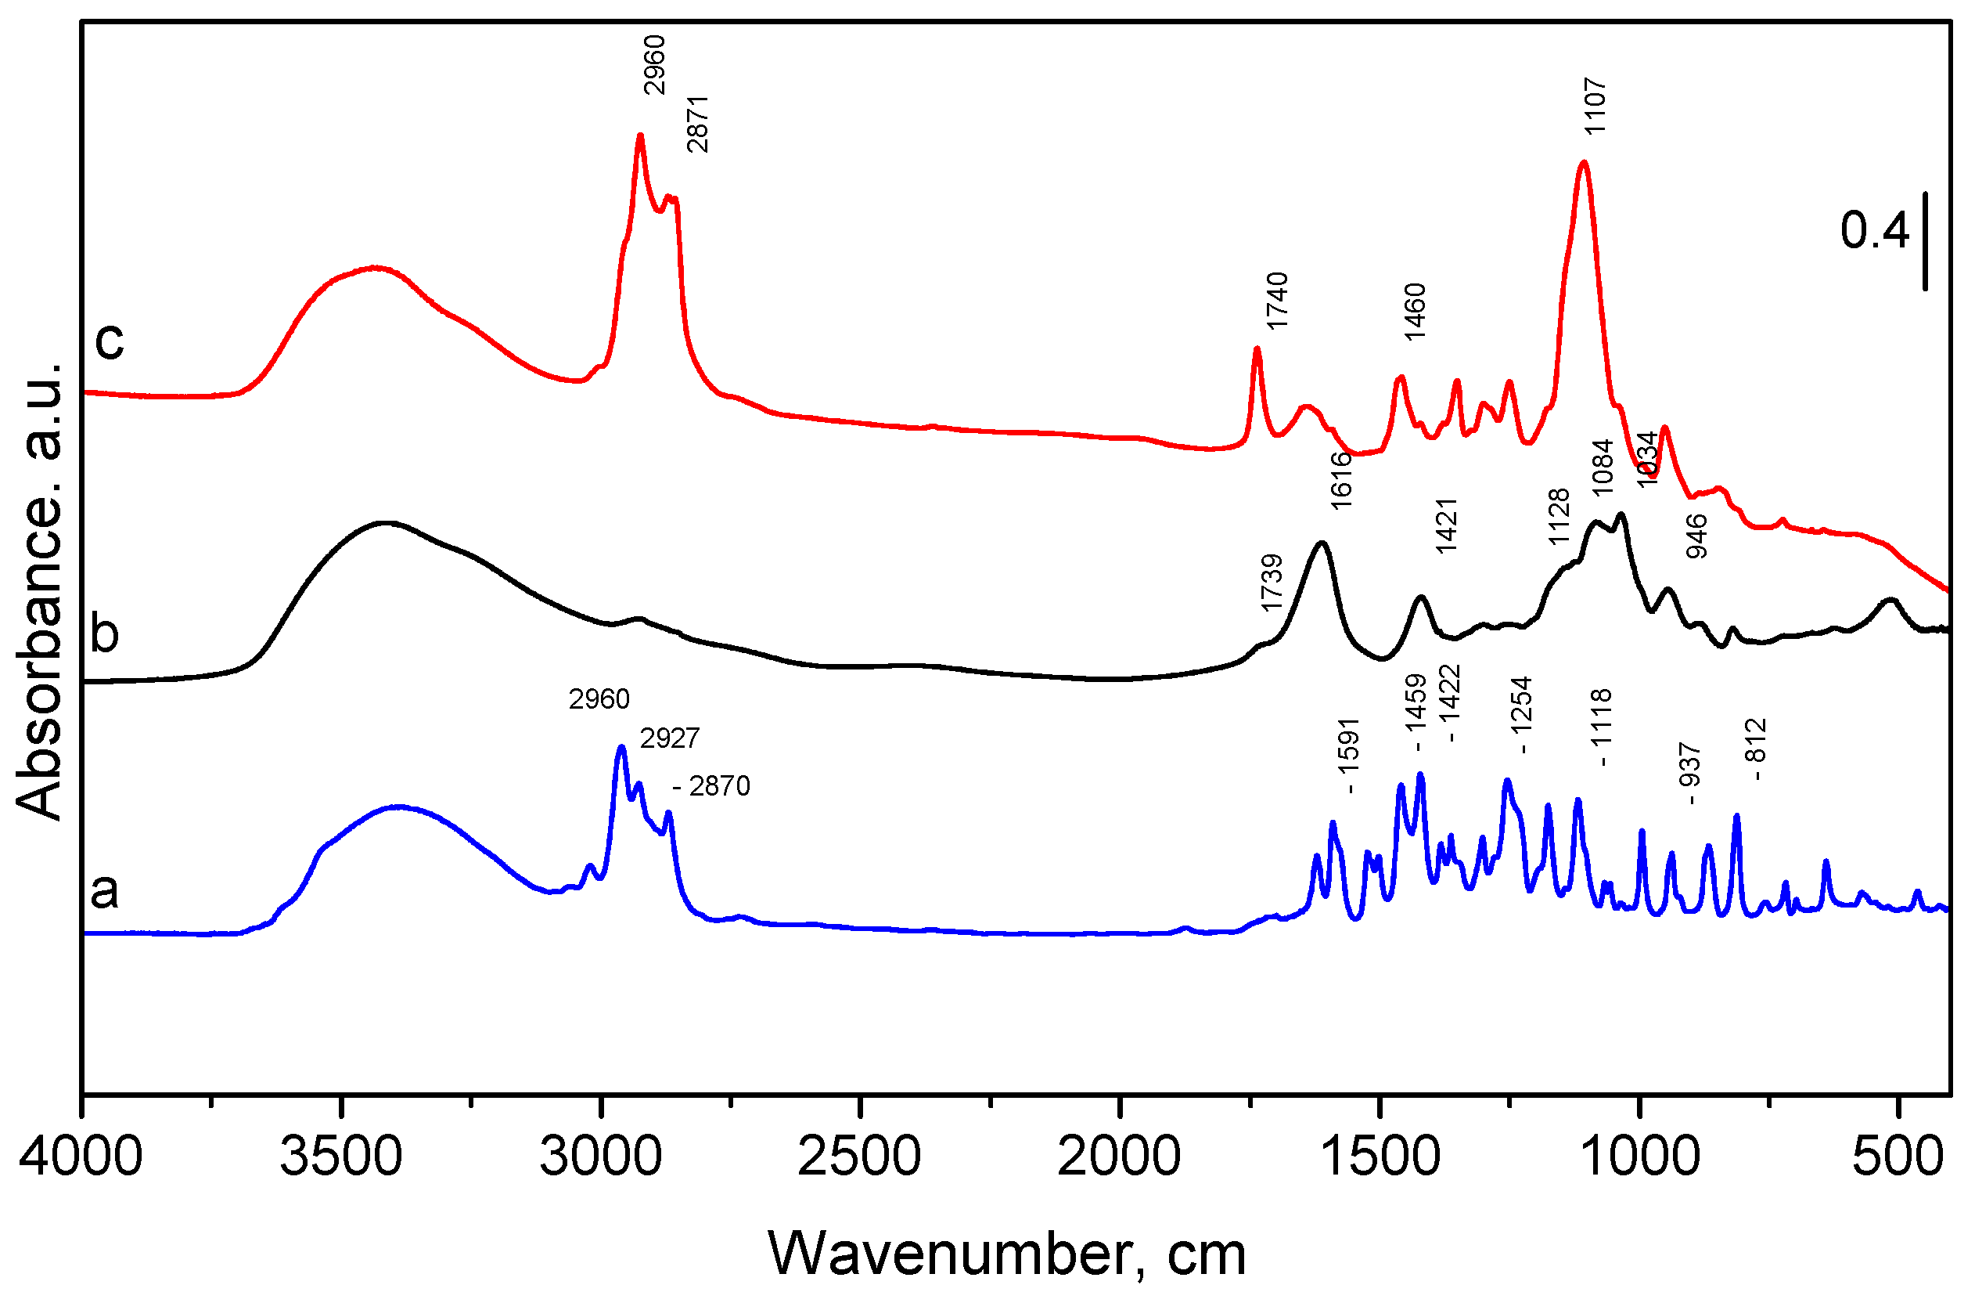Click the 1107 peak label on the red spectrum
pyautogui.click(x=1595, y=106)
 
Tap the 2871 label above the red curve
pyautogui.click(x=698, y=124)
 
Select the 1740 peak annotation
pyautogui.click(x=1276, y=301)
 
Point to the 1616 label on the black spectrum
pyautogui.click(x=1341, y=480)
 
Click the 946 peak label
pyautogui.click(x=1697, y=536)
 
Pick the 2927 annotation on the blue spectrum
pyautogui.click(x=670, y=738)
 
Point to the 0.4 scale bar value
pyautogui.click(x=1875, y=230)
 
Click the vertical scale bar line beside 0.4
pyautogui.click(x=1925, y=242)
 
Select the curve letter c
pyautogui.click(x=109, y=340)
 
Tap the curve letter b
pyautogui.click(x=105, y=633)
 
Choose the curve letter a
pyautogui.click(x=105, y=891)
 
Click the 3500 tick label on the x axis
pyautogui.click(x=341, y=1157)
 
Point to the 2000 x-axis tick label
pyautogui.click(x=1119, y=1157)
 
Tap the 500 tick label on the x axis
pyautogui.click(x=1897, y=1157)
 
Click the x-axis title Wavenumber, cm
pyautogui.click(x=1006, y=1254)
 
